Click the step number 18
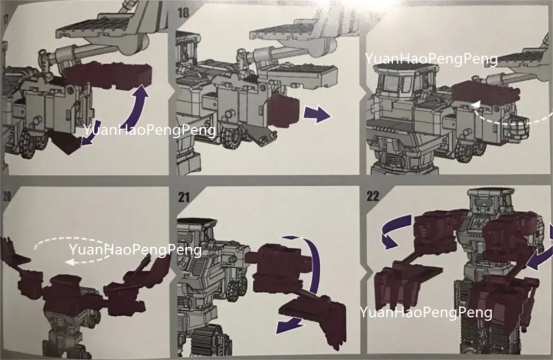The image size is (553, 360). click(183, 13)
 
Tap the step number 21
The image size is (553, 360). click(184, 197)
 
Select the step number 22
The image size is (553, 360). click(373, 196)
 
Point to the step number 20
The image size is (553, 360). click(7, 197)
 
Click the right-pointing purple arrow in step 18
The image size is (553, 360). click(317, 114)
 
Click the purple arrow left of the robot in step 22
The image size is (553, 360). click(393, 233)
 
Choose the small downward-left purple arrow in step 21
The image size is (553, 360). click(289, 326)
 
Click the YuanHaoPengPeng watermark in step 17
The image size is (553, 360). click(149, 130)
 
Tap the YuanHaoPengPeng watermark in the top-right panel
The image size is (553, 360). click(431, 59)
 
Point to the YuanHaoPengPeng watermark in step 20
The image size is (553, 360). click(135, 250)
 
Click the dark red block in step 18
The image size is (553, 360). click(283, 107)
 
